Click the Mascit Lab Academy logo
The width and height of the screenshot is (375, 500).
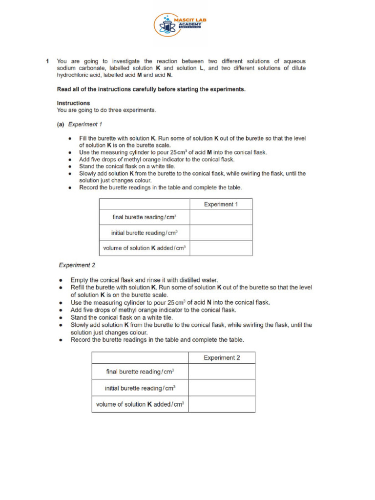[x=181, y=24]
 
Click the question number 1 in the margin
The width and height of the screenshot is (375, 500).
[x=47, y=62]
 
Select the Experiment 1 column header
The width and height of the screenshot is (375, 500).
[x=221, y=205]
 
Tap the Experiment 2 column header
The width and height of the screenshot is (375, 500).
[x=222, y=358]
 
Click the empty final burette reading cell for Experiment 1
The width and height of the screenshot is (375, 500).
[x=221, y=217]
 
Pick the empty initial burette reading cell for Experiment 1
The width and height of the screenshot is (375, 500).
[x=221, y=232]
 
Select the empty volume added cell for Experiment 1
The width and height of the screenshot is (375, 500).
[x=221, y=248]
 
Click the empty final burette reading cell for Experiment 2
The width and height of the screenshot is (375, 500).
[x=222, y=372]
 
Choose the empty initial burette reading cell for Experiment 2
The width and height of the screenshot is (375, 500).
[x=222, y=388]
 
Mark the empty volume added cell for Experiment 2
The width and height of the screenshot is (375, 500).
[x=222, y=404]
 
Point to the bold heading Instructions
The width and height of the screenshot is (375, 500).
[x=73, y=103]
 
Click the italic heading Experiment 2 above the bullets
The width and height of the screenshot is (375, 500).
[x=77, y=265]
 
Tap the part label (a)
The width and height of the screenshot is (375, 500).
[x=61, y=125]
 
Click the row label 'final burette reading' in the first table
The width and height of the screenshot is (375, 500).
[x=144, y=217]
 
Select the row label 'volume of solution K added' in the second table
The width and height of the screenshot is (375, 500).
[x=140, y=404]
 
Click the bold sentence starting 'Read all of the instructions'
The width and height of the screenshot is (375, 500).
[x=151, y=89]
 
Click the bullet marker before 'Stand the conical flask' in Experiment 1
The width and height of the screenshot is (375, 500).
[x=71, y=167]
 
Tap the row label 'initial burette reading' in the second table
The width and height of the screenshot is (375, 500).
[x=140, y=388]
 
